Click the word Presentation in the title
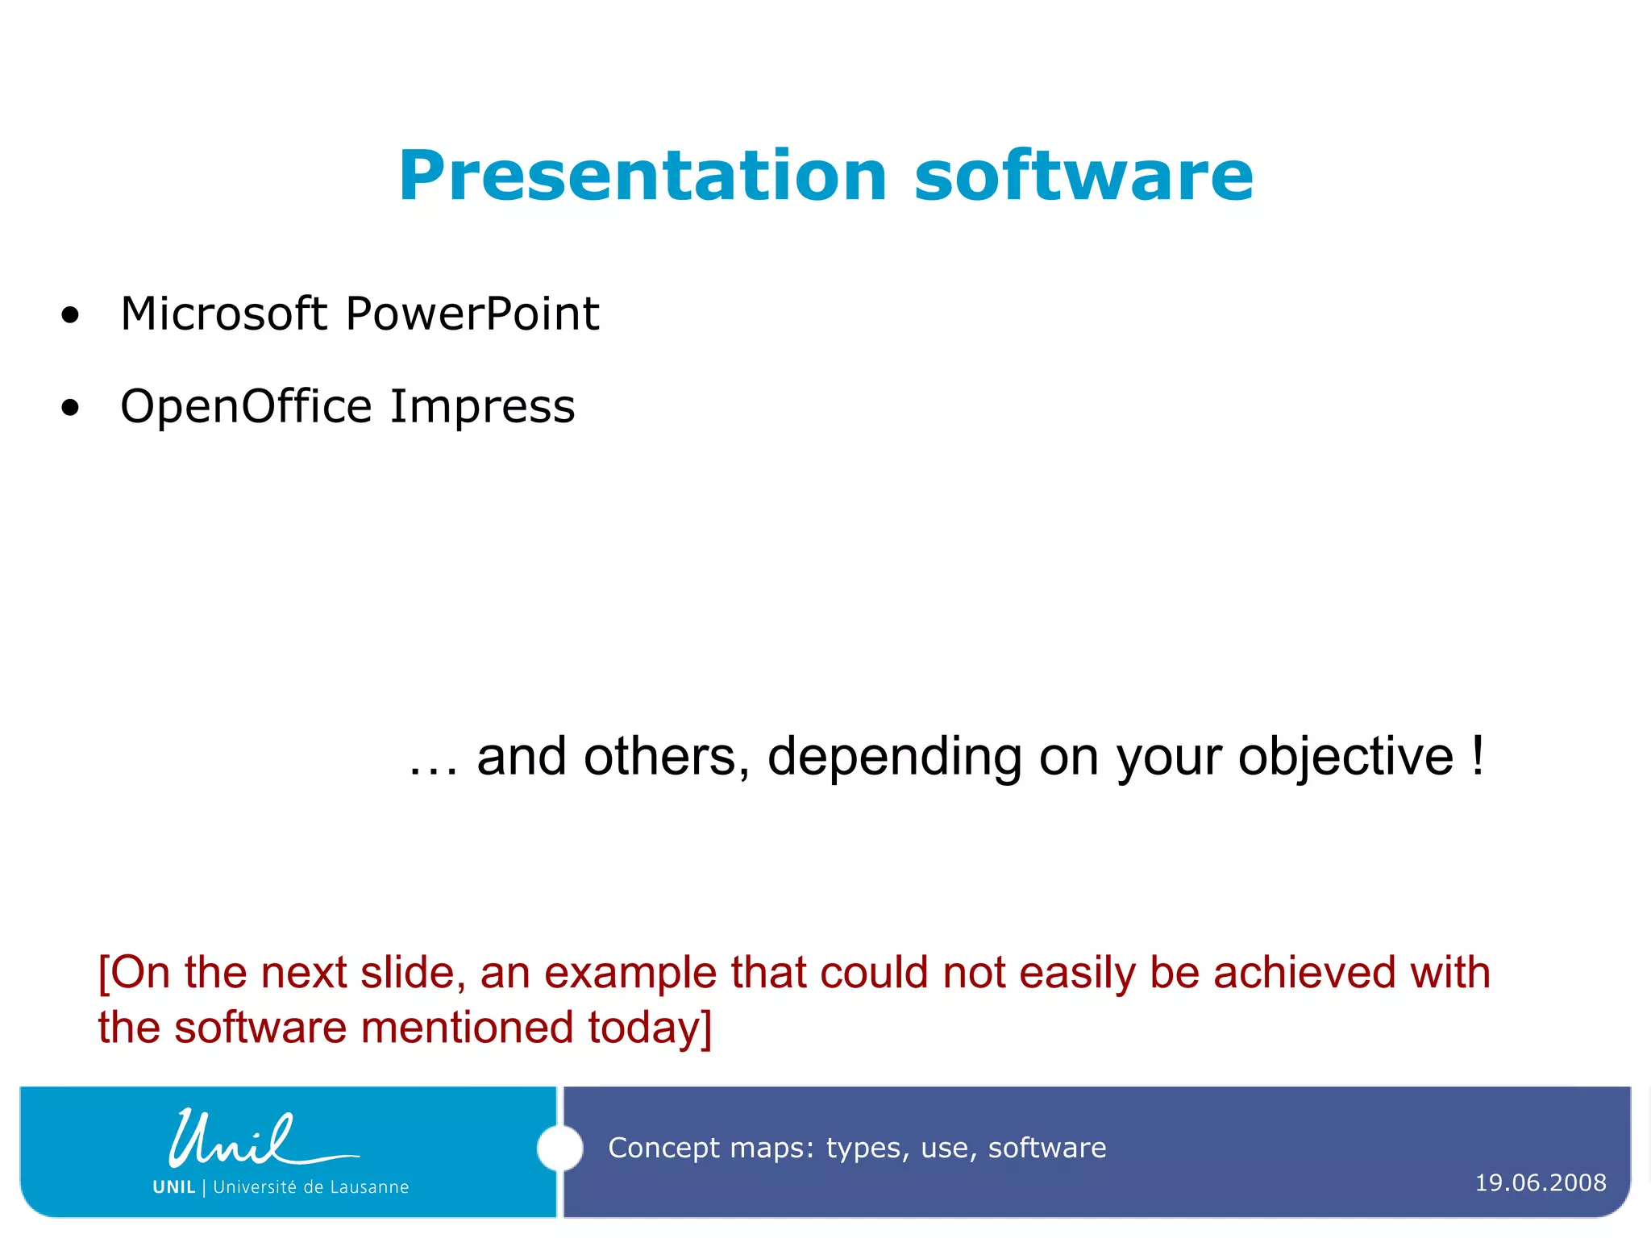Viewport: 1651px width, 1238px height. click(x=643, y=177)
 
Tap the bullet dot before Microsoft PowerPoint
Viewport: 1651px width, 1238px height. click(x=71, y=316)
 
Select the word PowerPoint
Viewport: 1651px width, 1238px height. click(x=472, y=314)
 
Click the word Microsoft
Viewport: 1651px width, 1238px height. click(x=223, y=314)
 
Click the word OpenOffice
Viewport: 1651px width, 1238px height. click(x=245, y=406)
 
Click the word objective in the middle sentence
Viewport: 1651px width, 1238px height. click(x=1345, y=758)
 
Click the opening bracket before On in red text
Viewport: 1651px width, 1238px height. click(x=103, y=973)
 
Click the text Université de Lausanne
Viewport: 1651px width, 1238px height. click(x=310, y=1187)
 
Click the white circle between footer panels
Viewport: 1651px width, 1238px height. click(x=559, y=1148)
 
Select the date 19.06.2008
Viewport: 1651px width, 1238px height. click(x=1540, y=1183)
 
